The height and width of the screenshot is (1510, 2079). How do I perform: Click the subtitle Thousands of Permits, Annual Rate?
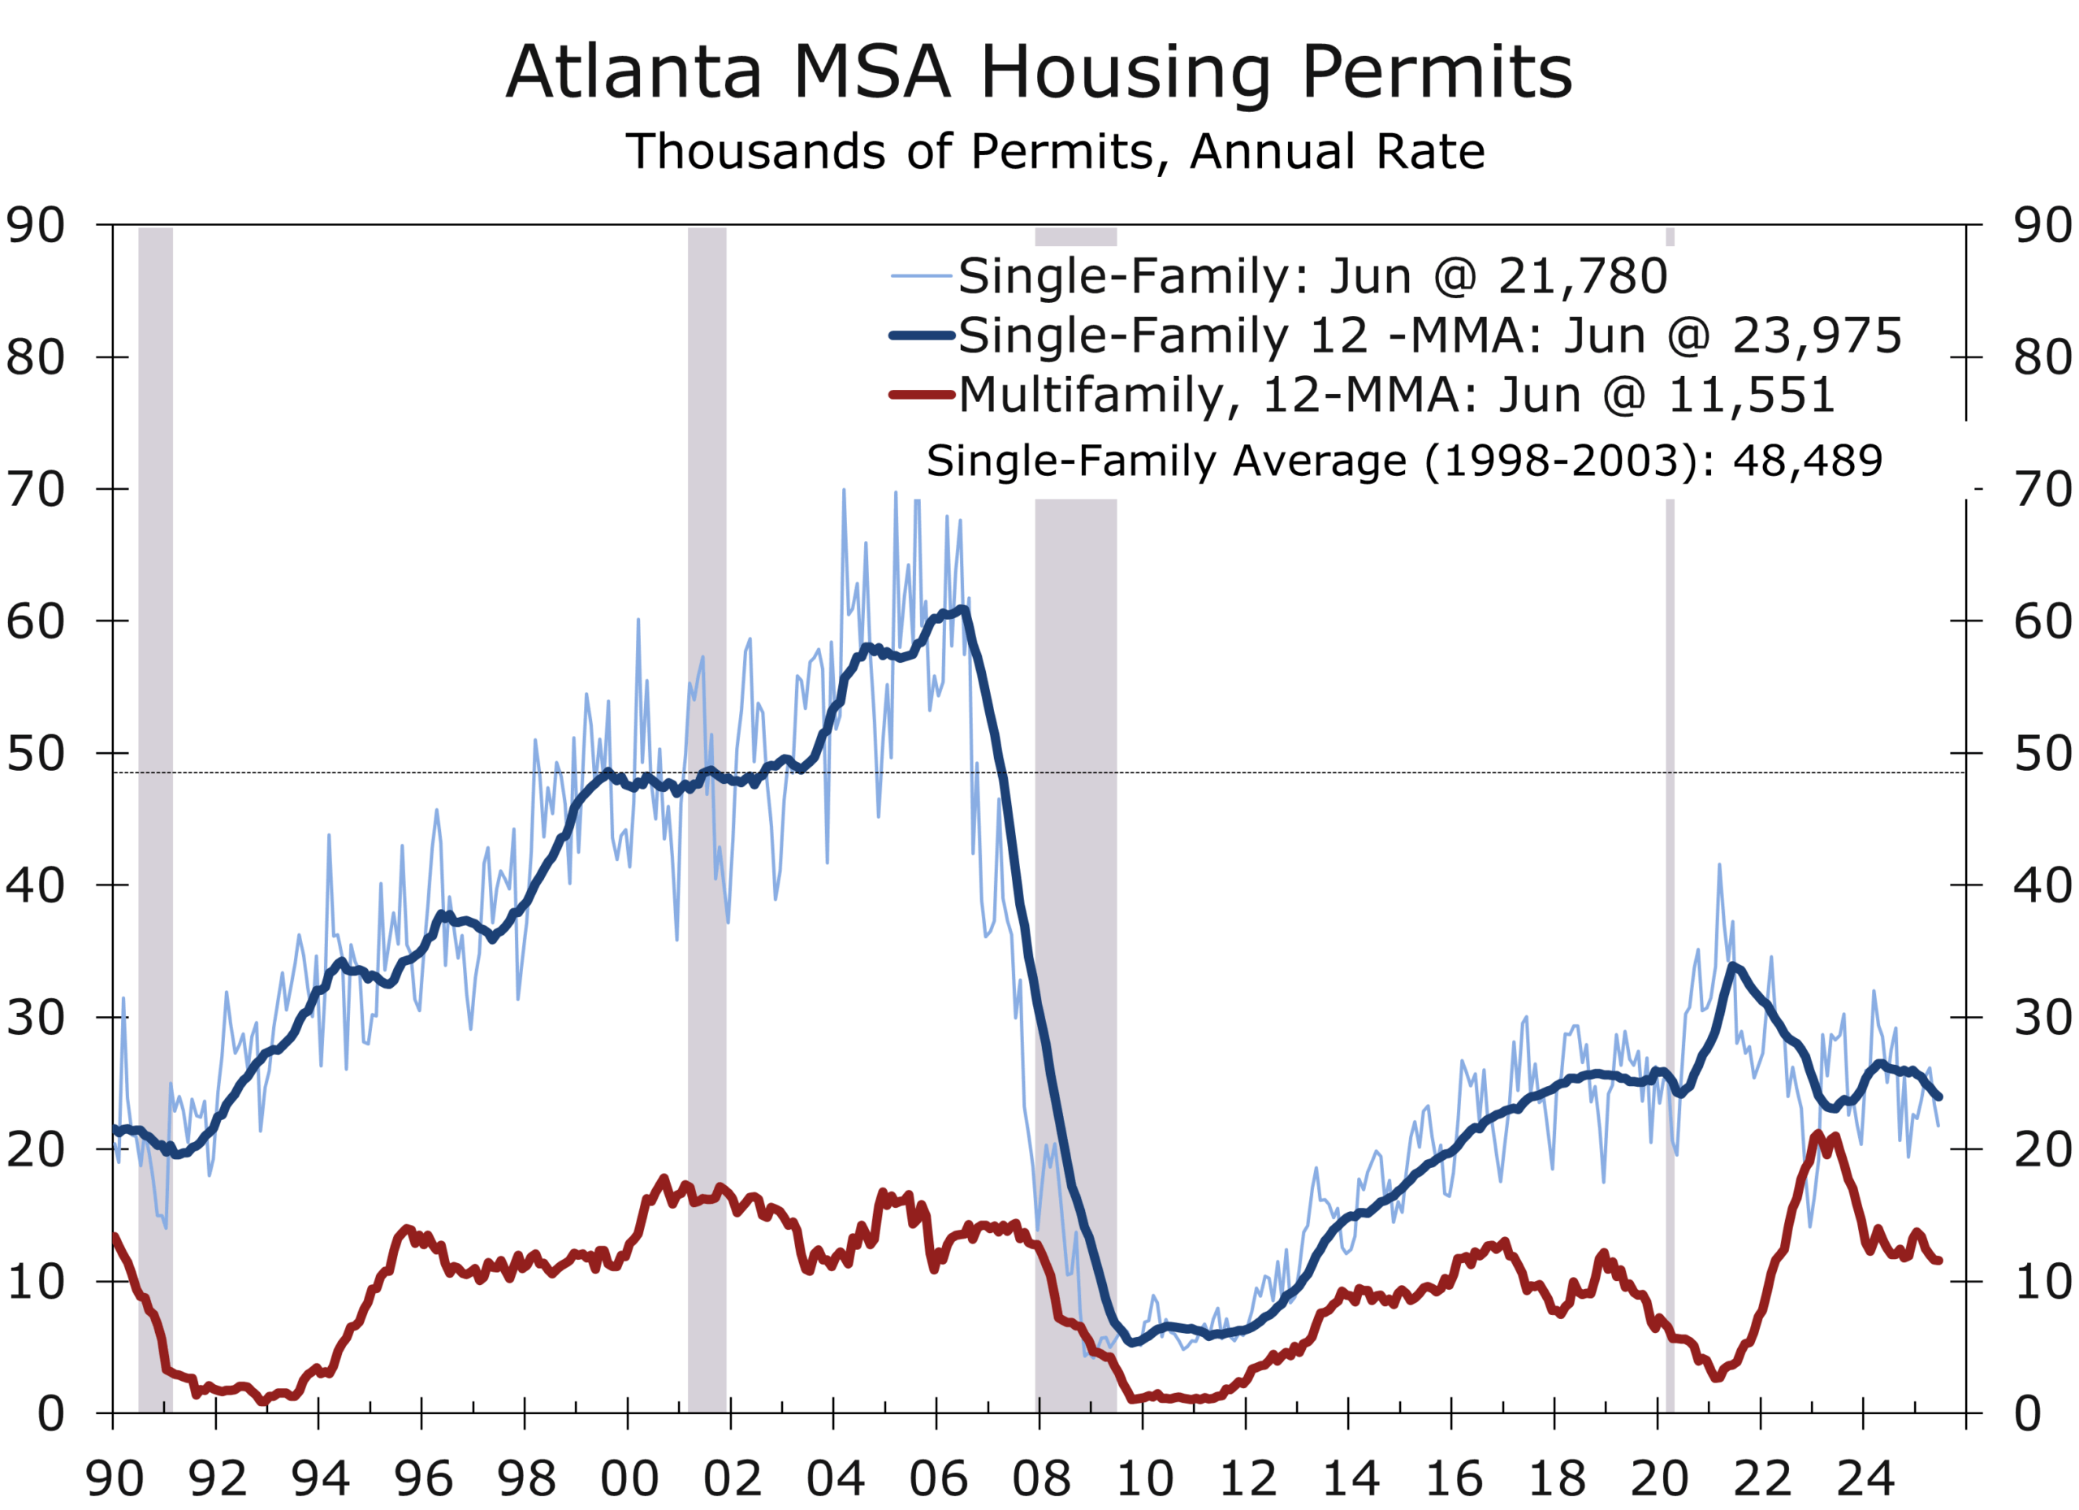[x=1055, y=151]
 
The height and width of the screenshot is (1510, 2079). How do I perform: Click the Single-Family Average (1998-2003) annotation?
[x=1403, y=461]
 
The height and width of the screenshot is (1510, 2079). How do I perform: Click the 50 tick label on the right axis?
[x=2043, y=754]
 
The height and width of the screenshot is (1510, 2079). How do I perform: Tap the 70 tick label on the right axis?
[x=2043, y=490]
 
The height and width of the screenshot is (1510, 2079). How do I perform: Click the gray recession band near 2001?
[x=707, y=825]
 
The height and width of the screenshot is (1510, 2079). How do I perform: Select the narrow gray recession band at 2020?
[x=1671, y=825]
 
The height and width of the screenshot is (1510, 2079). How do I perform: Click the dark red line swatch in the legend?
[x=921, y=395]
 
